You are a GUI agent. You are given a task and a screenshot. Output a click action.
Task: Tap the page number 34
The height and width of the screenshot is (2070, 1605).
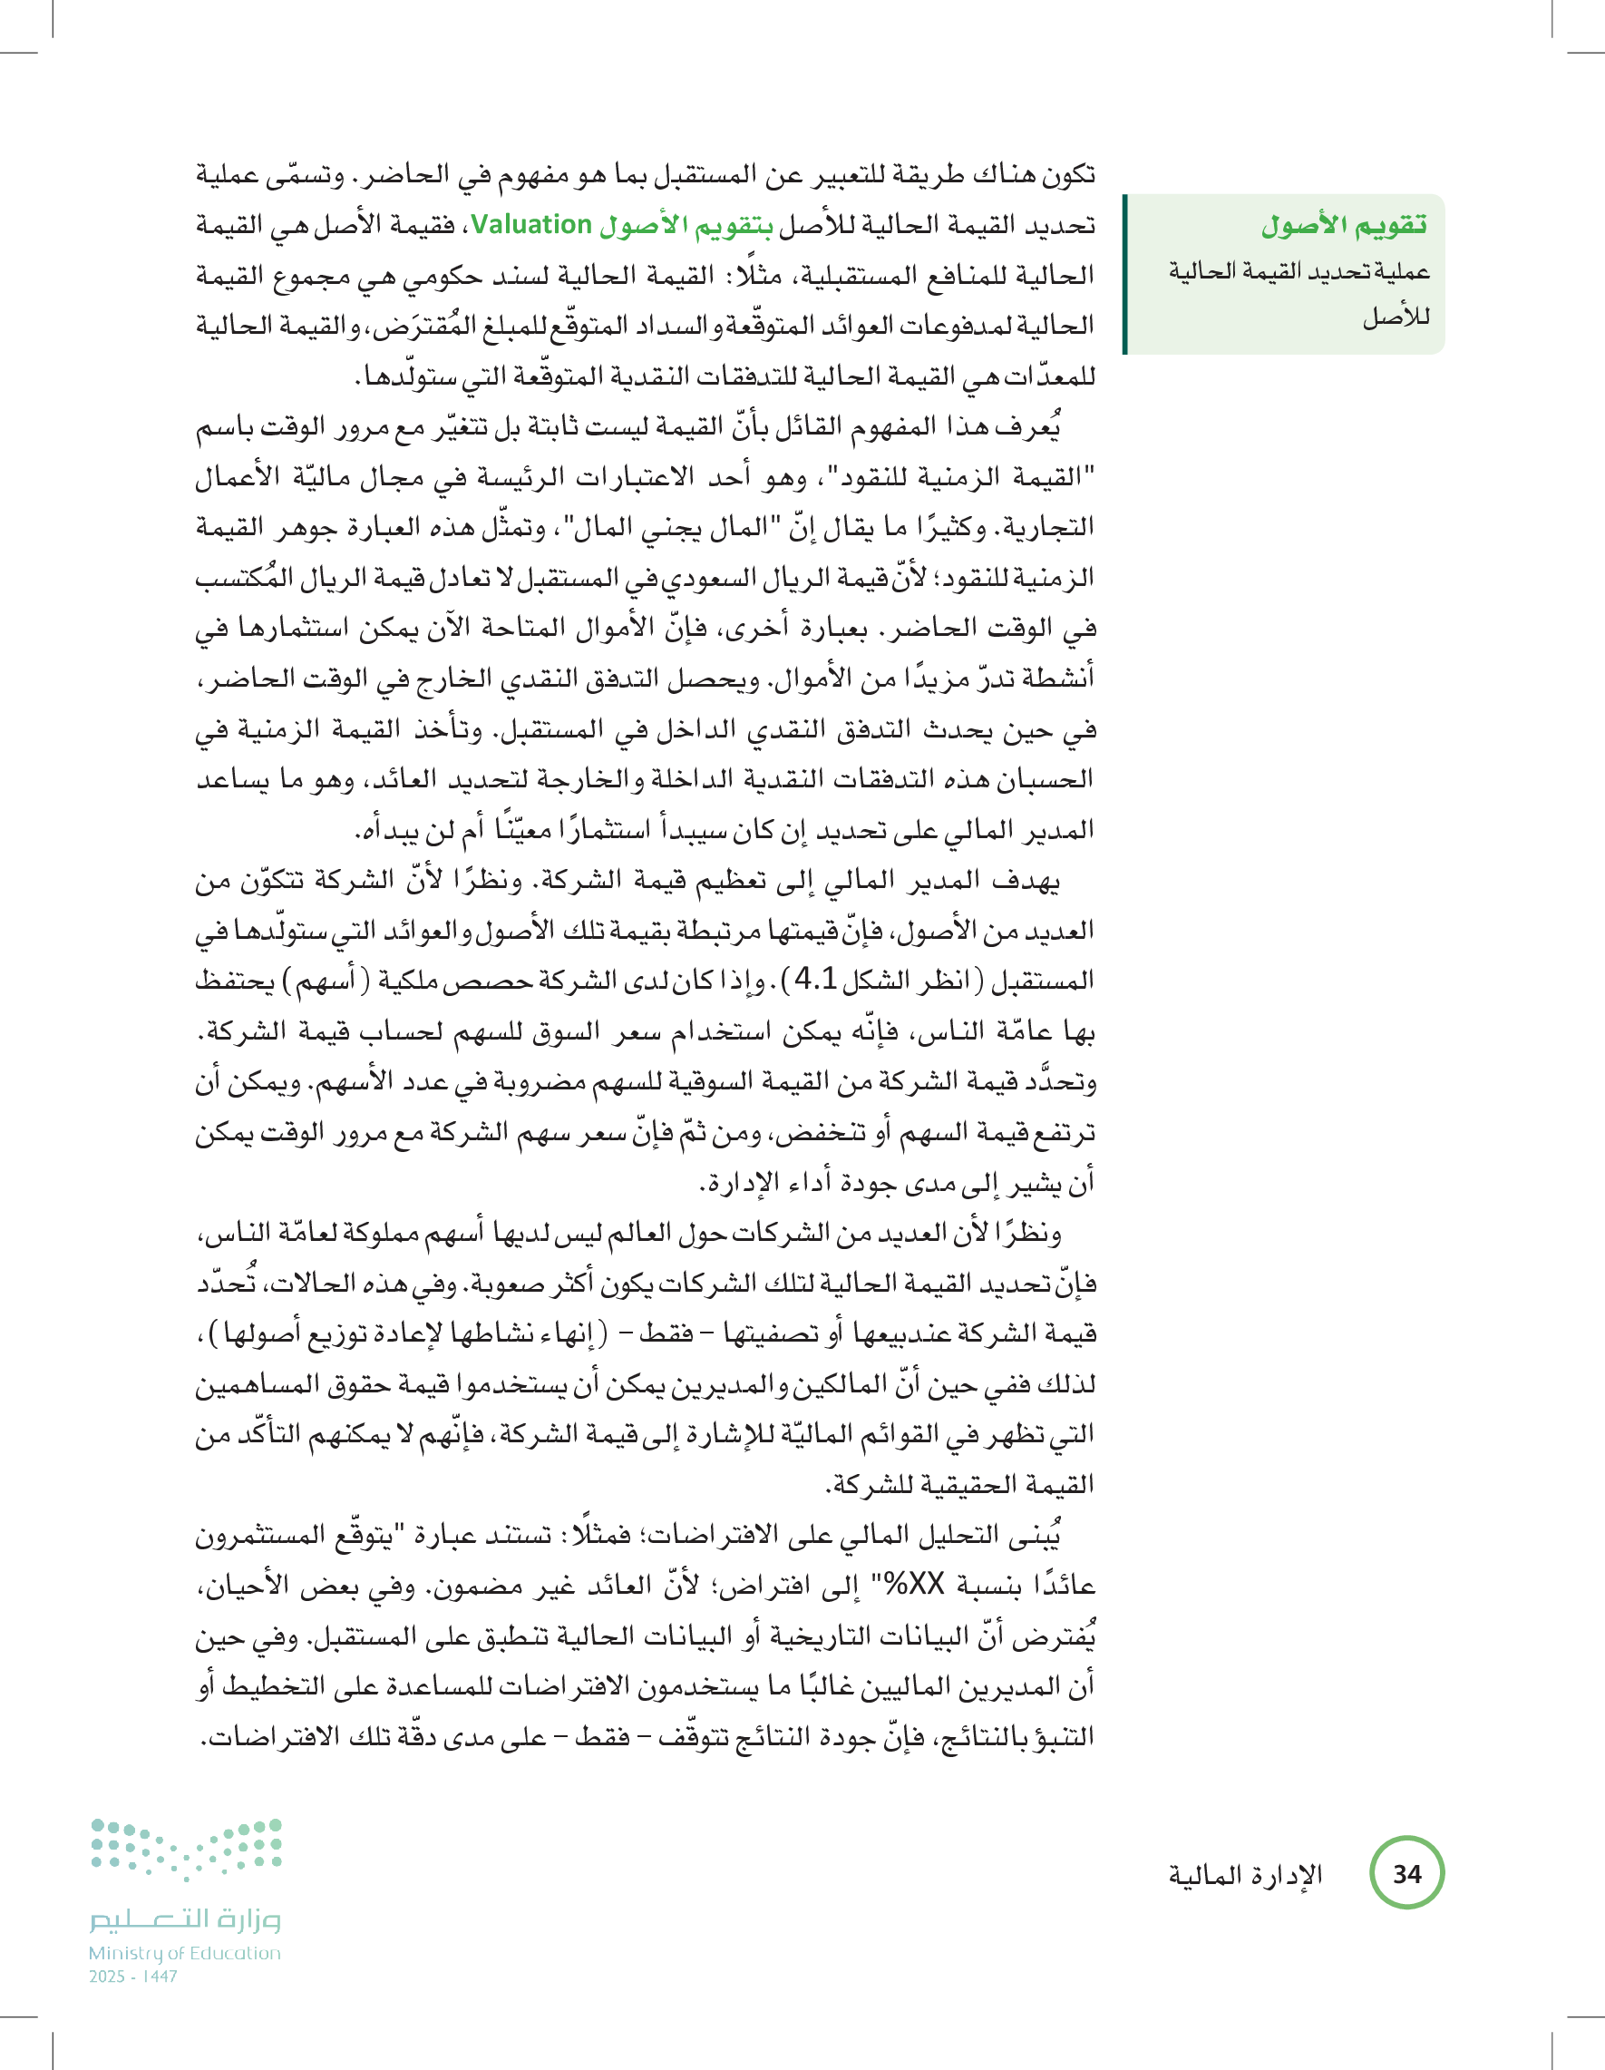[1407, 1873]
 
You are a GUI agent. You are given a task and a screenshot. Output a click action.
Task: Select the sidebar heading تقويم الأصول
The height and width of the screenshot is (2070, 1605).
[1344, 226]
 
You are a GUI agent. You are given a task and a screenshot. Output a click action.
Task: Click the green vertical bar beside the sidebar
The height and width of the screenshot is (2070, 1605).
[1124, 274]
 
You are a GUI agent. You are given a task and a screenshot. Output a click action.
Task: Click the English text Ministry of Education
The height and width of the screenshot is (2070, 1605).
[185, 1952]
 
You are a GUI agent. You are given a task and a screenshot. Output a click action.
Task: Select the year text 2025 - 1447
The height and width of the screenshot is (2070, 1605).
[133, 1977]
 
